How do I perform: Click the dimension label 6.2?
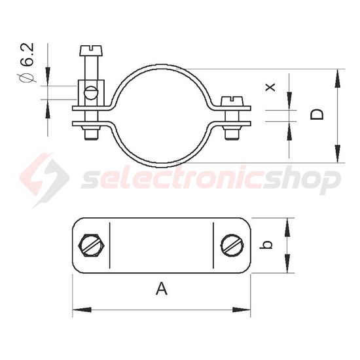[29, 54]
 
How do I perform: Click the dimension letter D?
[317, 115]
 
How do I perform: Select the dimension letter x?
[270, 87]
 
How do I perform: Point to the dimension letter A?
[162, 289]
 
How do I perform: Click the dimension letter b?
[267, 245]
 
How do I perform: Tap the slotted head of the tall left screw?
[92, 50]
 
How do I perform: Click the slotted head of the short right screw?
[232, 101]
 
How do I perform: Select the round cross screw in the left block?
[91, 92]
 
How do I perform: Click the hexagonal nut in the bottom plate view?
[92, 245]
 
